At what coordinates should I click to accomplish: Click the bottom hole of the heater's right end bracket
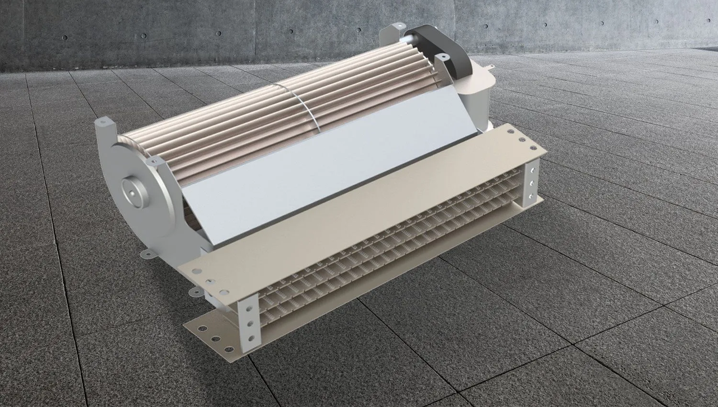coord(530,196)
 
